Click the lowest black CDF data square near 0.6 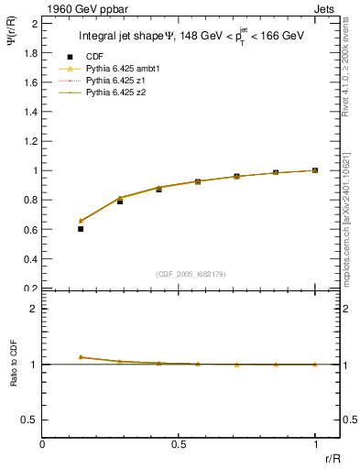tap(81, 229)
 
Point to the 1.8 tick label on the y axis tap(30, 53)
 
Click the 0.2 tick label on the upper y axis tap(30, 289)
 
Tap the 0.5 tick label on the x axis tap(179, 445)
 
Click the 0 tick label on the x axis tap(43, 445)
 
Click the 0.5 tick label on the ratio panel tap(30, 420)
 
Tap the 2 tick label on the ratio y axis tap(33, 309)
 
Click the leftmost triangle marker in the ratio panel tap(81, 357)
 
